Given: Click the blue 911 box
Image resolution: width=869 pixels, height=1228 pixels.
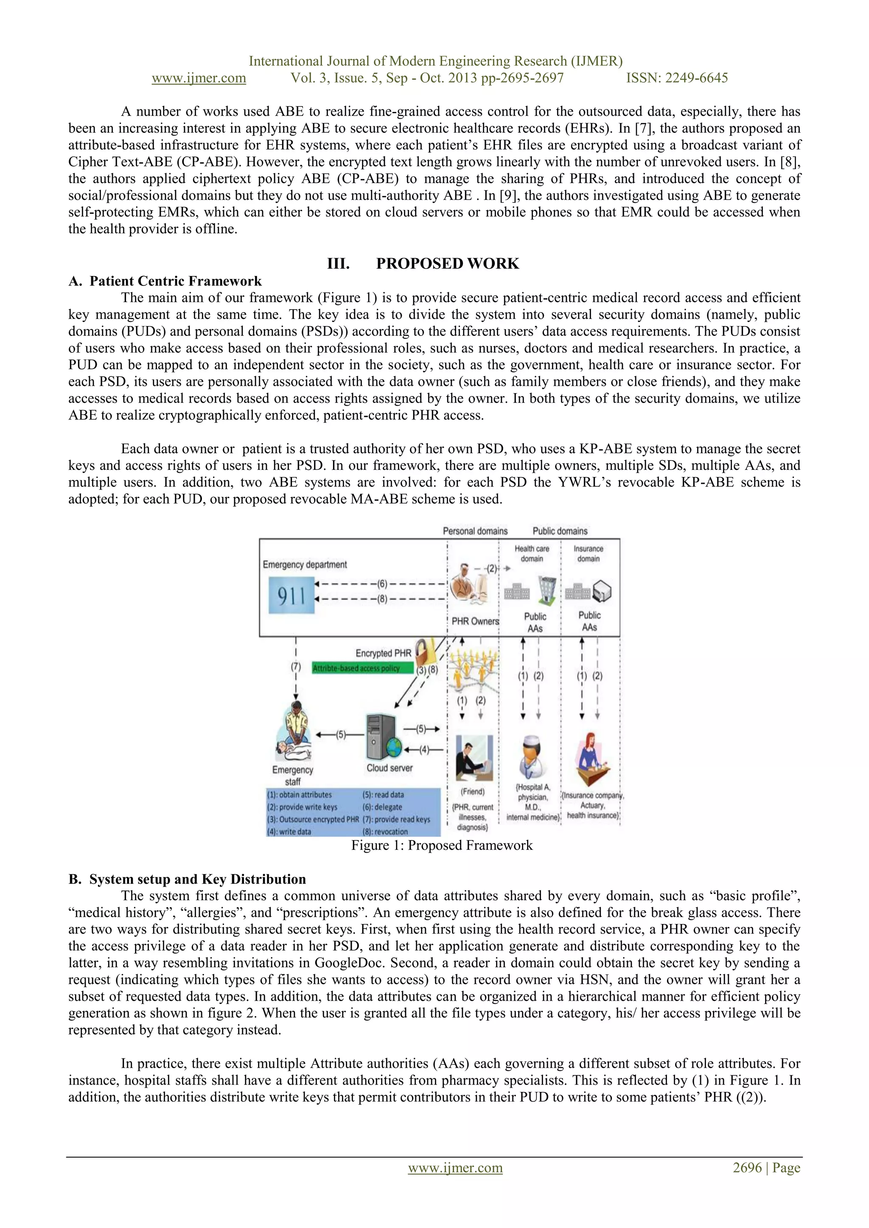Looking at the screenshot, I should pos(291,595).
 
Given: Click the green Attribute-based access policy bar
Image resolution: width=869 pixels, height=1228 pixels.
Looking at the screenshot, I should pos(362,668).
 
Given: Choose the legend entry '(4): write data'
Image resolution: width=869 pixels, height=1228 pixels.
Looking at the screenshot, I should pos(289,832).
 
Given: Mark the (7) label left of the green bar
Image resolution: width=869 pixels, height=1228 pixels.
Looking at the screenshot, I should pos(296,667).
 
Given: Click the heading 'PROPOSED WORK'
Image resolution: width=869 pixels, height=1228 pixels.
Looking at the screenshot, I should pos(447,264).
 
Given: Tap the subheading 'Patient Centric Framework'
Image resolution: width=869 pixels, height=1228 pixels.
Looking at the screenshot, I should pos(176,281).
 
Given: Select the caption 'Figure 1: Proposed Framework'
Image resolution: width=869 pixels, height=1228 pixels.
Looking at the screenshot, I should pos(441,846).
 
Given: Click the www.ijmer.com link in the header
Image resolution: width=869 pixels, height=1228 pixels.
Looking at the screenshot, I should pos(199,78).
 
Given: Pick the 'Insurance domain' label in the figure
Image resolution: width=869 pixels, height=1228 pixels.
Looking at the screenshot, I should pos(588,553).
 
